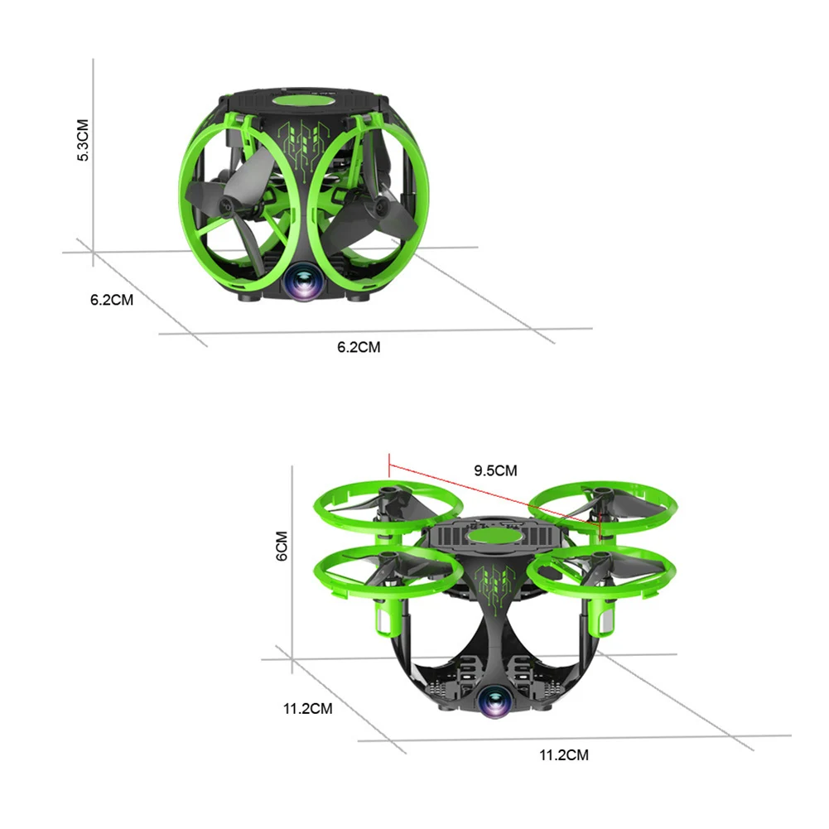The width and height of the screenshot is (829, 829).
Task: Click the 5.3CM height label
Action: tap(83, 140)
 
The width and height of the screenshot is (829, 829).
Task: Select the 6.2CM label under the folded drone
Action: tap(359, 347)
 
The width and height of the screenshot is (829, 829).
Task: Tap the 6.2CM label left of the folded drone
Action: tap(112, 300)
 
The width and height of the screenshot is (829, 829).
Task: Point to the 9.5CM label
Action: tap(495, 470)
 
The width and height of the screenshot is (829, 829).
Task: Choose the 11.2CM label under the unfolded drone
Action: tap(564, 755)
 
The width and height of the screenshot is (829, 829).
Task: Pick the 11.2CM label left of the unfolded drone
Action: tap(308, 708)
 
